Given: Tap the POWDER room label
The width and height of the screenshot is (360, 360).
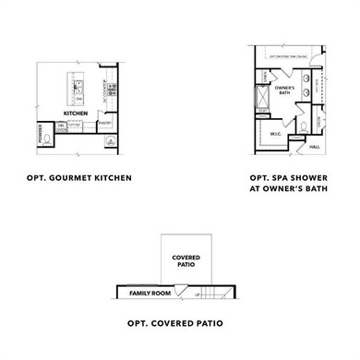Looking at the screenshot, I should (39, 134).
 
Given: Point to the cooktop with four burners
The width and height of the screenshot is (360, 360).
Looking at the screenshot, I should (111, 90).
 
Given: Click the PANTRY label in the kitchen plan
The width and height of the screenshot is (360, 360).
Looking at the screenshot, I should (105, 123).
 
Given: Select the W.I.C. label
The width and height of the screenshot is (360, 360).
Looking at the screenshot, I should (275, 134).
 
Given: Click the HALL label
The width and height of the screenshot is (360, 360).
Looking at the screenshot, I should (314, 146).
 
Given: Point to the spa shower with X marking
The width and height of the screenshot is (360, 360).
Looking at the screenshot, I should (262, 96).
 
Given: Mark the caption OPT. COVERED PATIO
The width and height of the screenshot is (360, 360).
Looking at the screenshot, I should (175, 323).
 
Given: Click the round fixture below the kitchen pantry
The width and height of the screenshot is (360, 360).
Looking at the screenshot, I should (110, 141).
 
